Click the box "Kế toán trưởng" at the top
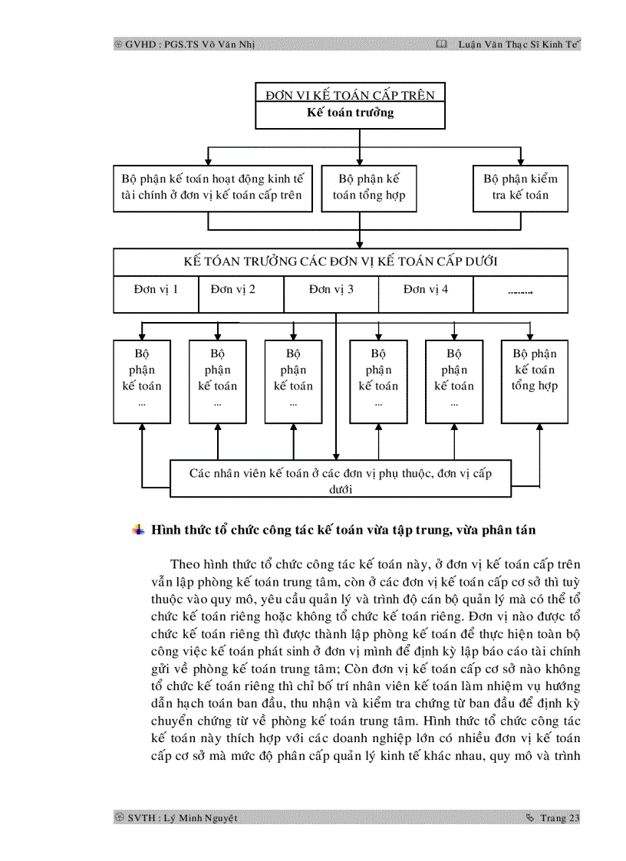(350, 113)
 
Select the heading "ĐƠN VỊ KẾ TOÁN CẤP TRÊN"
(350, 95)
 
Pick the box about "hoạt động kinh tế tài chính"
(212, 187)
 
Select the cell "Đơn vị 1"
(156, 290)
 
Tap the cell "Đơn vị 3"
(331, 290)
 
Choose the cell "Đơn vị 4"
(426, 290)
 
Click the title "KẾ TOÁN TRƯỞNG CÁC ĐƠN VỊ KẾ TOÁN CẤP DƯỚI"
(341, 261)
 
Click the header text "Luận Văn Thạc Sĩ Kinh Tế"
(519, 44)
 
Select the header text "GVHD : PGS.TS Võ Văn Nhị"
(190, 44)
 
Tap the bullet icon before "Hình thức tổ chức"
(139, 530)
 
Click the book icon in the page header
(440, 44)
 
